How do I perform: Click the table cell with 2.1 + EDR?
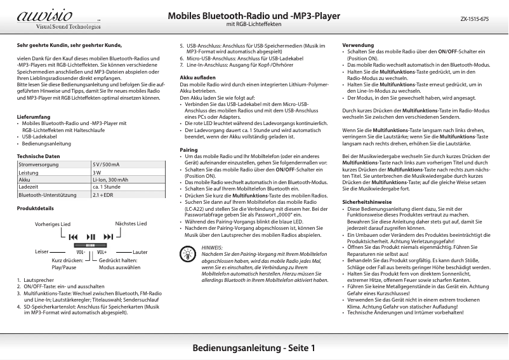click(x=103, y=195)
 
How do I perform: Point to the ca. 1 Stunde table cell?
click(x=106, y=187)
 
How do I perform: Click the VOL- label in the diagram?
click(x=81, y=252)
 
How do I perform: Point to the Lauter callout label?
click(x=140, y=252)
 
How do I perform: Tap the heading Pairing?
click(x=189, y=149)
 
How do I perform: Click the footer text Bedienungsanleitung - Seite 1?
click(x=254, y=349)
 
